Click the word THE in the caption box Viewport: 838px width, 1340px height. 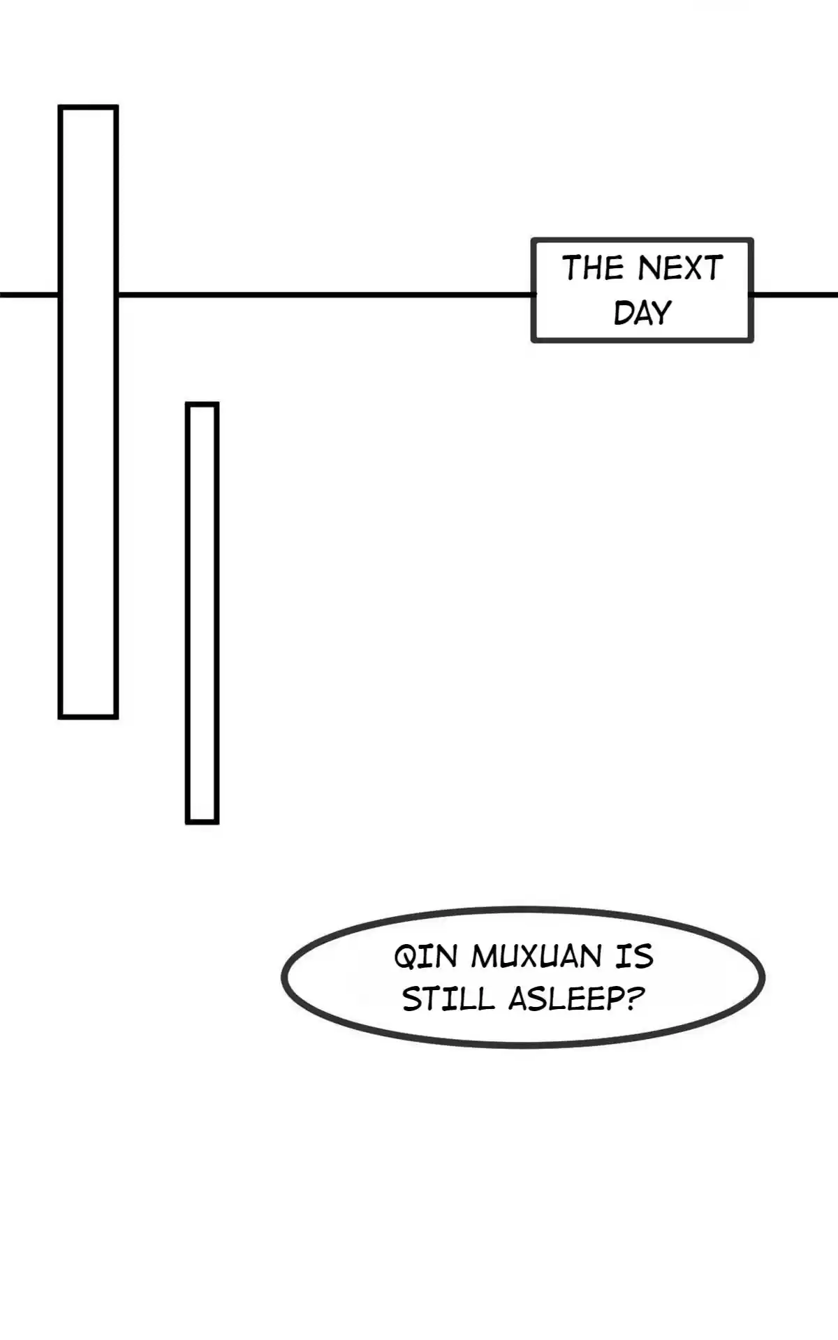click(x=593, y=268)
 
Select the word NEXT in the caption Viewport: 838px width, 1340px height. click(x=680, y=268)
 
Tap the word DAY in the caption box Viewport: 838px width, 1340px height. click(x=642, y=313)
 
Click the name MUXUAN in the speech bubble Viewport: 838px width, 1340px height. click(x=536, y=957)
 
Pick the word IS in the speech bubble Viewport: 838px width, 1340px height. click(x=634, y=957)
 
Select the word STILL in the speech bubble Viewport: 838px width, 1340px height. click(x=448, y=999)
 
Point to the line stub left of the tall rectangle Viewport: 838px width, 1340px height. click(x=29, y=295)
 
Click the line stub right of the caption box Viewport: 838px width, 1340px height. click(x=795, y=295)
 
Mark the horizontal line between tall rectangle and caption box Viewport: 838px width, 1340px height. click(x=325, y=295)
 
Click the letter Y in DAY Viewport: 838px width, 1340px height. click(x=661, y=313)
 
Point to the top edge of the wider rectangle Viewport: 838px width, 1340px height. click(x=88, y=107)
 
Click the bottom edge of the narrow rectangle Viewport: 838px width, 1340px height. click(x=202, y=823)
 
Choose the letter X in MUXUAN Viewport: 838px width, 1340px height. click(x=532, y=957)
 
